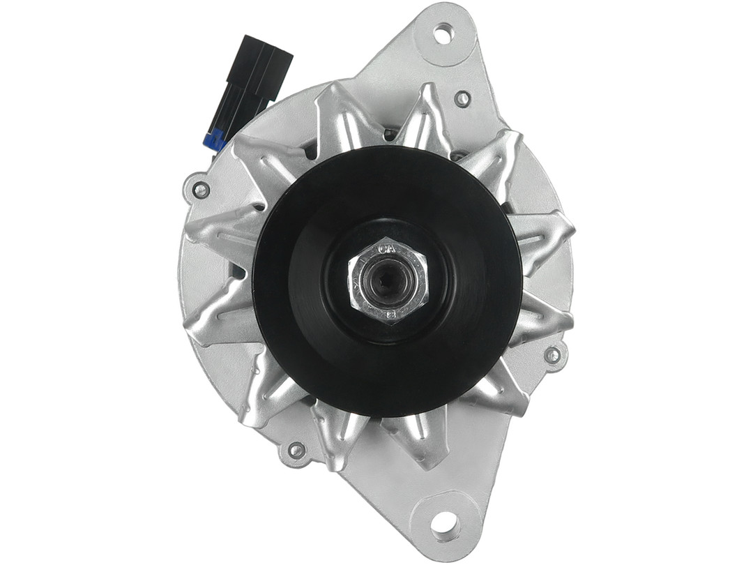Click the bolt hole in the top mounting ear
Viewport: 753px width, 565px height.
(443, 32)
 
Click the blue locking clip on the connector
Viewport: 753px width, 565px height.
(215, 140)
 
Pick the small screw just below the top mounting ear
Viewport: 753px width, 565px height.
(462, 98)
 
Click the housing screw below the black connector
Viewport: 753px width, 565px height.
(201, 190)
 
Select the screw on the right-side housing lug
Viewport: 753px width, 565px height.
(552, 355)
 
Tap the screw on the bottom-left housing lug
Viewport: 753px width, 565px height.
(296, 450)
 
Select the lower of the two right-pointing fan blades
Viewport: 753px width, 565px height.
(544, 321)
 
